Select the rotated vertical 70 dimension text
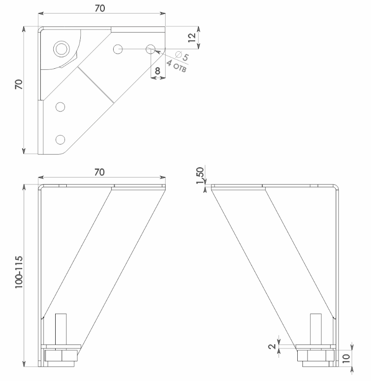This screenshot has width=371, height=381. (19, 84)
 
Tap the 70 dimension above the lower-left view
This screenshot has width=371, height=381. (99, 172)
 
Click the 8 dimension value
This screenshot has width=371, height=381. (158, 71)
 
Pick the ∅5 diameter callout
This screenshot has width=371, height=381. (182, 57)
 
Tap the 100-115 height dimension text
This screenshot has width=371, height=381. (19, 271)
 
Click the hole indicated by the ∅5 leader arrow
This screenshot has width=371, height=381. (151, 48)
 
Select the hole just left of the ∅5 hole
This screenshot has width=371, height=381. (118, 48)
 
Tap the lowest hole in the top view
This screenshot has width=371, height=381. (60, 139)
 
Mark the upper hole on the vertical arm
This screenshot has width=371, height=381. (60, 107)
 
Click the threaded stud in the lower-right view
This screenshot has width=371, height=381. (315, 328)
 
